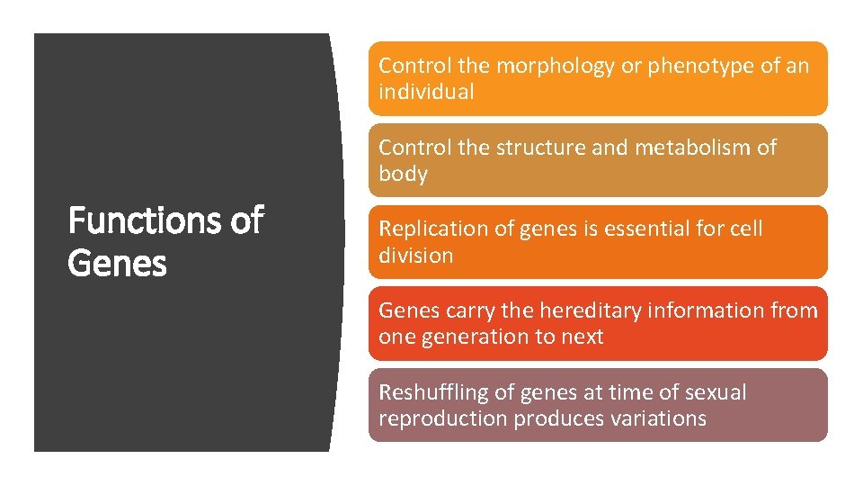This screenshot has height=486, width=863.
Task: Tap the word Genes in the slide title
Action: click(x=118, y=264)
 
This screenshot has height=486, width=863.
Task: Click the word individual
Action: click(x=426, y=92)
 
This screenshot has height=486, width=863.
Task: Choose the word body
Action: click(x=403, y=174)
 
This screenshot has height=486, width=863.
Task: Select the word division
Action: click(x=415, y=256)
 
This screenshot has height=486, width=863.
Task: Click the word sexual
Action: click(x=716, y=392)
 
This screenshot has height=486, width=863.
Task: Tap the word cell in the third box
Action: click(x=746, y=229)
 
